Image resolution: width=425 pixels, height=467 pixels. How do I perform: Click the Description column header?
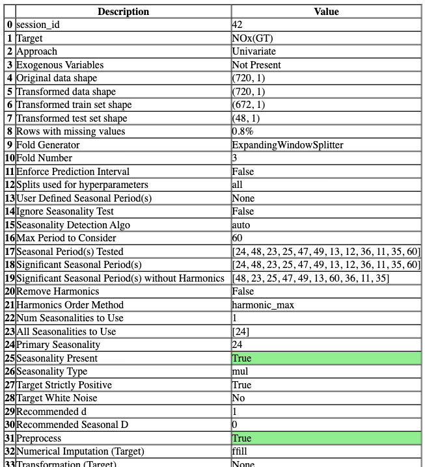[123, 11]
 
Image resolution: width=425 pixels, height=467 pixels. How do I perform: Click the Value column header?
[326, 11]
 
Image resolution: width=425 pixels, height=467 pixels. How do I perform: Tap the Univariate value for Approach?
[254, 51]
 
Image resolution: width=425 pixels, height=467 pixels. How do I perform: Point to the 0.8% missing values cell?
[243, 131]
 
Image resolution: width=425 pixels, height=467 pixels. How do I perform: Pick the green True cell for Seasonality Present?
[326, 358]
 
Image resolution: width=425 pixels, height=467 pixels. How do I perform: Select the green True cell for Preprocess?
[326, 438]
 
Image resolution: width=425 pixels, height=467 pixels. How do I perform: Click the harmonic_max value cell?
[259, 305]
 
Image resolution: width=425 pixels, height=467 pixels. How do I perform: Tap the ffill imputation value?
[241, 451]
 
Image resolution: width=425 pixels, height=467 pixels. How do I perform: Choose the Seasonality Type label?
[51, 371]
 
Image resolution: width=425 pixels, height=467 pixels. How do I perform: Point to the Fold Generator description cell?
[48, 145]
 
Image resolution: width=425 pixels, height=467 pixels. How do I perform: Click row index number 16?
[9, 238]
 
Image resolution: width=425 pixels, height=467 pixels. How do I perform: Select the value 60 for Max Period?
[238, 238]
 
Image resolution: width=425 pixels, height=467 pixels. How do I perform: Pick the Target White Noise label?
[57, 398]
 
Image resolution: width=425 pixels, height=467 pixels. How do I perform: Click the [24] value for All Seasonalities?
[240, 332]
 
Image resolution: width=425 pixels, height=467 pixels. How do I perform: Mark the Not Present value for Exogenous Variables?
[256, 65]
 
